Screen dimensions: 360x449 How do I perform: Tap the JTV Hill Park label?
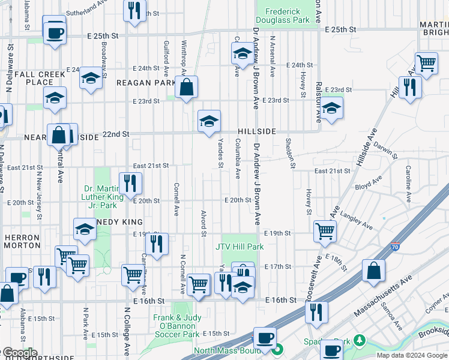coord(240,246)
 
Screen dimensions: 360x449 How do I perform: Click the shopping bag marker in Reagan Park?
coord(187,88)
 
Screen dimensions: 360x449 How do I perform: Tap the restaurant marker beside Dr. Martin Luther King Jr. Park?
coord(130,182)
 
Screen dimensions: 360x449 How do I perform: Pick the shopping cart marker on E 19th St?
coord(325,230)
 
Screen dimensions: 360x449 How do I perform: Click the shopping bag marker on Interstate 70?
coord(373,270)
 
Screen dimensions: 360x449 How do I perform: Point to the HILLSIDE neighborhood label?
coord(256,131)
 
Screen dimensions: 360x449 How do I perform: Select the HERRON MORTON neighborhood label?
coord(22,241)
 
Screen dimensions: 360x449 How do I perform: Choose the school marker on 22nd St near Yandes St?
coord(208,122)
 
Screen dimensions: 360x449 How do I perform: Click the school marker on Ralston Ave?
coord(331,109)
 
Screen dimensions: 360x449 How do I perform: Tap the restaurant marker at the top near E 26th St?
coord(134,10)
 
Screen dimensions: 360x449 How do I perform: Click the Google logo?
coord(19,353)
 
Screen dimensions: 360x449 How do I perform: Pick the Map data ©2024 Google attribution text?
coord(411,355)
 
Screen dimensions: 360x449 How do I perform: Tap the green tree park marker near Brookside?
coord(360,340)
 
